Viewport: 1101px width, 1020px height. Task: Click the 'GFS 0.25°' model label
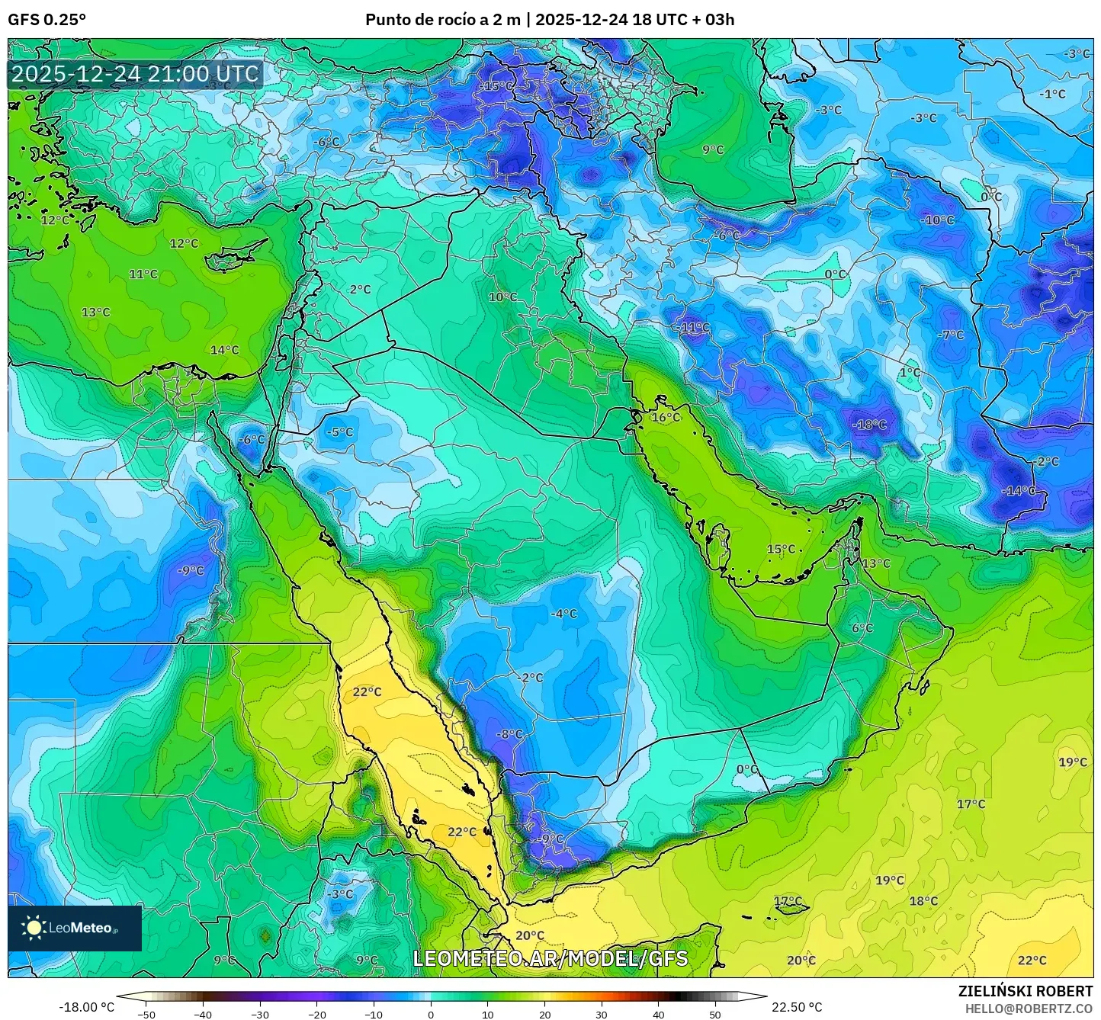[x=47, y=20]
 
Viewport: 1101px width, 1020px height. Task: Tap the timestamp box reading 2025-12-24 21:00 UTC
[x=135, y=74]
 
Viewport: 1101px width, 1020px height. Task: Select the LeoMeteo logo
[x=74, y=928]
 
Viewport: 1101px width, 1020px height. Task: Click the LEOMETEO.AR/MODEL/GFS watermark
[x=550, y=959]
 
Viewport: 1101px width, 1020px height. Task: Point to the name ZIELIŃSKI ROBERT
[x=1025, y=991]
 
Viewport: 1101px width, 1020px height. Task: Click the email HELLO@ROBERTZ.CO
[x=1029, y=1008]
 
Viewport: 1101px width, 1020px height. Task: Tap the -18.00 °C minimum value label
[x=86, y=1007]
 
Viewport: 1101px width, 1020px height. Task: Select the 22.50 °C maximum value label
[x=797, y=1007]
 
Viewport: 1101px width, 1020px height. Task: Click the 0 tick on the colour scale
[x=431, y=1015]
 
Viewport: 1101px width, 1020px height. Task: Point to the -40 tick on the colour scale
[x=203, y=1015]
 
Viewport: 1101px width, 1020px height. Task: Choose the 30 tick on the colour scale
[x=602, y=1015]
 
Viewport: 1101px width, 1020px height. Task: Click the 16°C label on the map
[x=666, y=418]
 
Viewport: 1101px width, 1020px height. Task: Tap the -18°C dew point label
[x=869, y=425]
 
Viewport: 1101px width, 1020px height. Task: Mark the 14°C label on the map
[x=224, y=350]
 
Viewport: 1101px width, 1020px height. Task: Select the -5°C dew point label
[x=339, y=432]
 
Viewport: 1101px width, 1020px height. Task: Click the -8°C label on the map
[x=510, y=734]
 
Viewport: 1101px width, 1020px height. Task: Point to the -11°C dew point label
[x=692, y=328]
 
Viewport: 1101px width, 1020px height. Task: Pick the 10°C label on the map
[x=502, y=297]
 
